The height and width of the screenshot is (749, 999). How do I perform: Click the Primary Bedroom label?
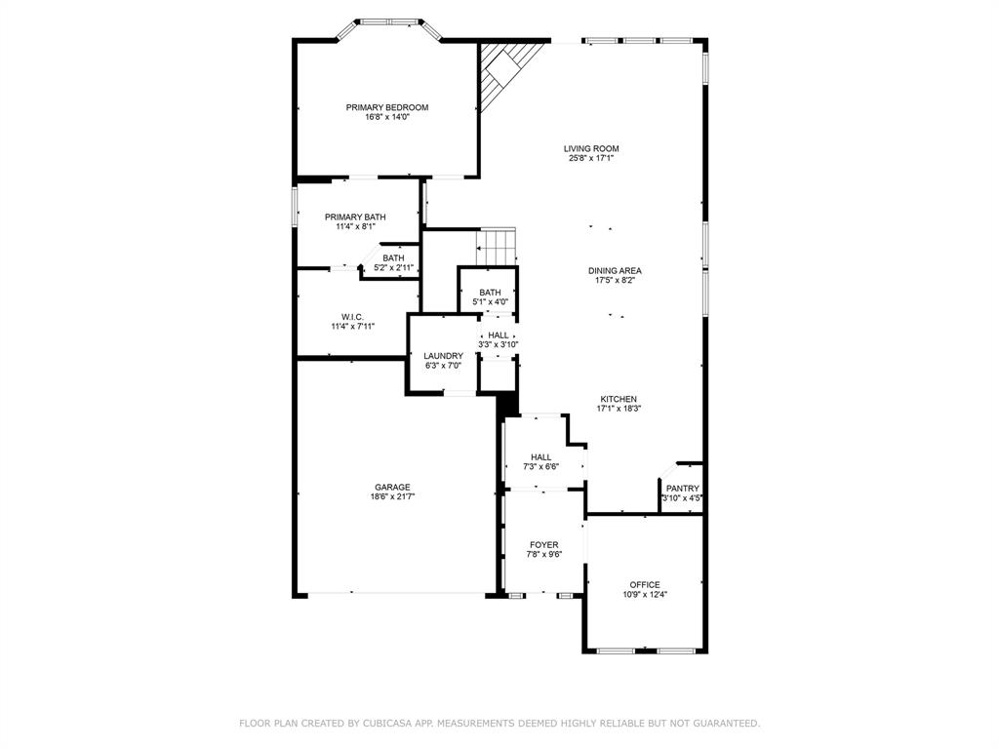386,107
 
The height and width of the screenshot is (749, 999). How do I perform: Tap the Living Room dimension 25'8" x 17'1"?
591,158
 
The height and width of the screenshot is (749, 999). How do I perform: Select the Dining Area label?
615,271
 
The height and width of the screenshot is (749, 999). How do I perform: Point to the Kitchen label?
619,399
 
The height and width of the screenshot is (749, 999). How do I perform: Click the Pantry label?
683,489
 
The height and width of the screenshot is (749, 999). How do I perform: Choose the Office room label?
645,585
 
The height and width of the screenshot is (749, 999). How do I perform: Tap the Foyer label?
544,545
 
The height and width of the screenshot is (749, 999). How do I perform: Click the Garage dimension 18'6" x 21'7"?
392,496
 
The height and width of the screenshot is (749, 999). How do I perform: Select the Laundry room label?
444,356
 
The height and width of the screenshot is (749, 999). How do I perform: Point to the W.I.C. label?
352,317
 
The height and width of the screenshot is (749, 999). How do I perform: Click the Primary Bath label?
355,217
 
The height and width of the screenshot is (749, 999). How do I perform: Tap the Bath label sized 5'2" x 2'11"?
394,257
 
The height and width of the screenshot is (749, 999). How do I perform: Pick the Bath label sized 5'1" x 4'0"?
490,293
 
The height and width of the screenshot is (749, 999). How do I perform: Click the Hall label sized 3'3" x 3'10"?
499,335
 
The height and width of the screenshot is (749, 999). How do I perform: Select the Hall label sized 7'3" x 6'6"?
540,457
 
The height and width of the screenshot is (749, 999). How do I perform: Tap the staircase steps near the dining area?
497,247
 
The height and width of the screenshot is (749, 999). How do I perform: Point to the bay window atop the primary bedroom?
388,29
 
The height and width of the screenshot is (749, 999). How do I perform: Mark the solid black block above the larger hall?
507,405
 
